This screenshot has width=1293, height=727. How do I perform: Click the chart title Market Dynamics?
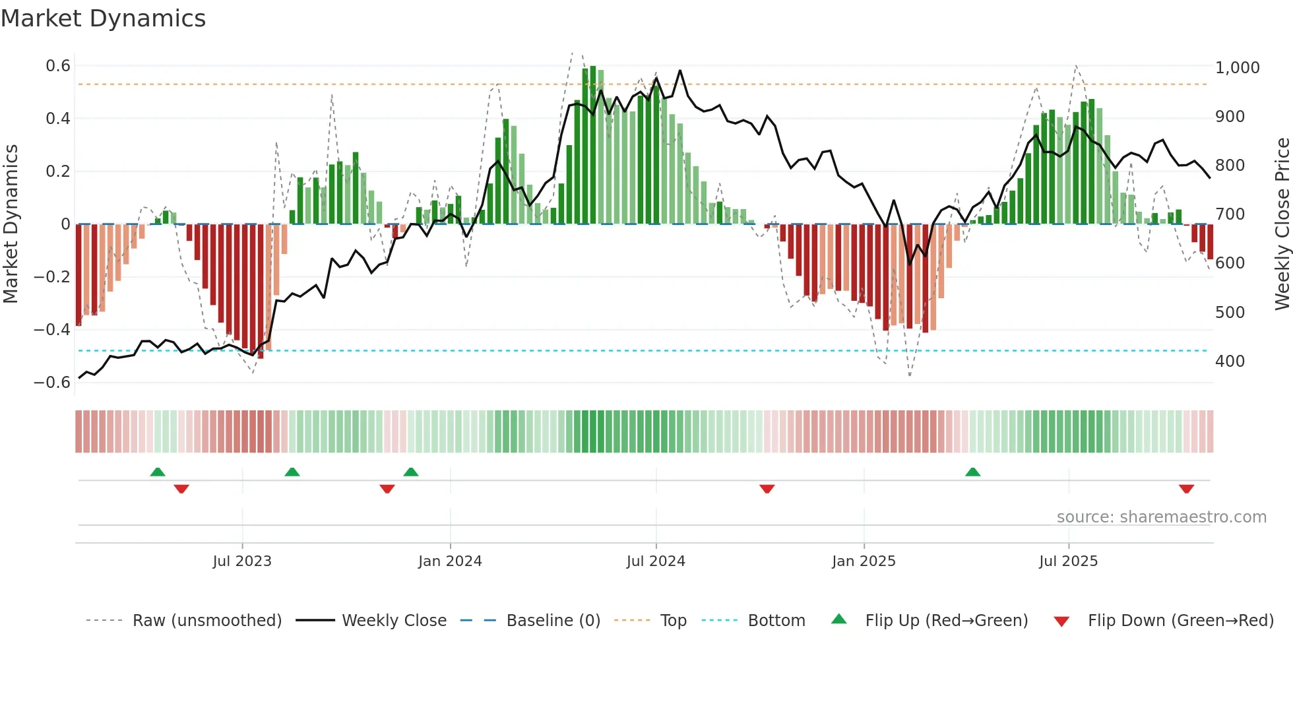coord(103,18)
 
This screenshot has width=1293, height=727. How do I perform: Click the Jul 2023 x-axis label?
coord(242,561)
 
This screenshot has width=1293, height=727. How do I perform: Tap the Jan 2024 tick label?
coord(450,561)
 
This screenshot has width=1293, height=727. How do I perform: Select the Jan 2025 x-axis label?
coord(864,561)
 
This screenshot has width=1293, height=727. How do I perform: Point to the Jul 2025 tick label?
coord(1068,561)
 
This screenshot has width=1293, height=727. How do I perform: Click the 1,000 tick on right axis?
coord(1237,68)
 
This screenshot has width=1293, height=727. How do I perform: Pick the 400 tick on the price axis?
coord(1230,362)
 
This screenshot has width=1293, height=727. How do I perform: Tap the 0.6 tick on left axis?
coord(58,66)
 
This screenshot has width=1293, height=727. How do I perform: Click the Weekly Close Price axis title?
coord(1282,224)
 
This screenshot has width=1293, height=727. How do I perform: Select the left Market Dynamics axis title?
coord(11,224)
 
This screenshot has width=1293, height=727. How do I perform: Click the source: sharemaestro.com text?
coord(1161,517)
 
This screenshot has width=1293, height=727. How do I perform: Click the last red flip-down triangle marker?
coord(1186,489)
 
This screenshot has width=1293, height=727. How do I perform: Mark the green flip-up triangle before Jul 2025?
coord(972,472)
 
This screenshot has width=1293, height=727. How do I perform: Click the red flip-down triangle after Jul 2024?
coord(767,489)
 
